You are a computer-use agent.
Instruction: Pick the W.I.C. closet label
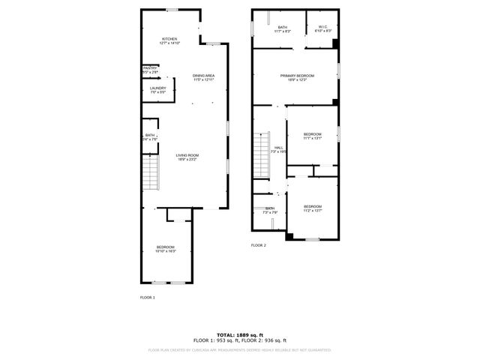coord(323,28)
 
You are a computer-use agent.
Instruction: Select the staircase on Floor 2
coord(261,155)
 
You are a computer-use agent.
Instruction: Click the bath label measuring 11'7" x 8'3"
coord(282,28)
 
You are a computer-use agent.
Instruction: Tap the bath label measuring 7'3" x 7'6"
coord(270,210)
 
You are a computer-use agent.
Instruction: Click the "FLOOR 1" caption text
coord(148,298)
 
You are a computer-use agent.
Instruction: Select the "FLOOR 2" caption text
coord(259,245)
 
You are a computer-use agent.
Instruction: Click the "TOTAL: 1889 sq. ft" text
coord(240,334)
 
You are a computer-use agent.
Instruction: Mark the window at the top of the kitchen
coord(172,9)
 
